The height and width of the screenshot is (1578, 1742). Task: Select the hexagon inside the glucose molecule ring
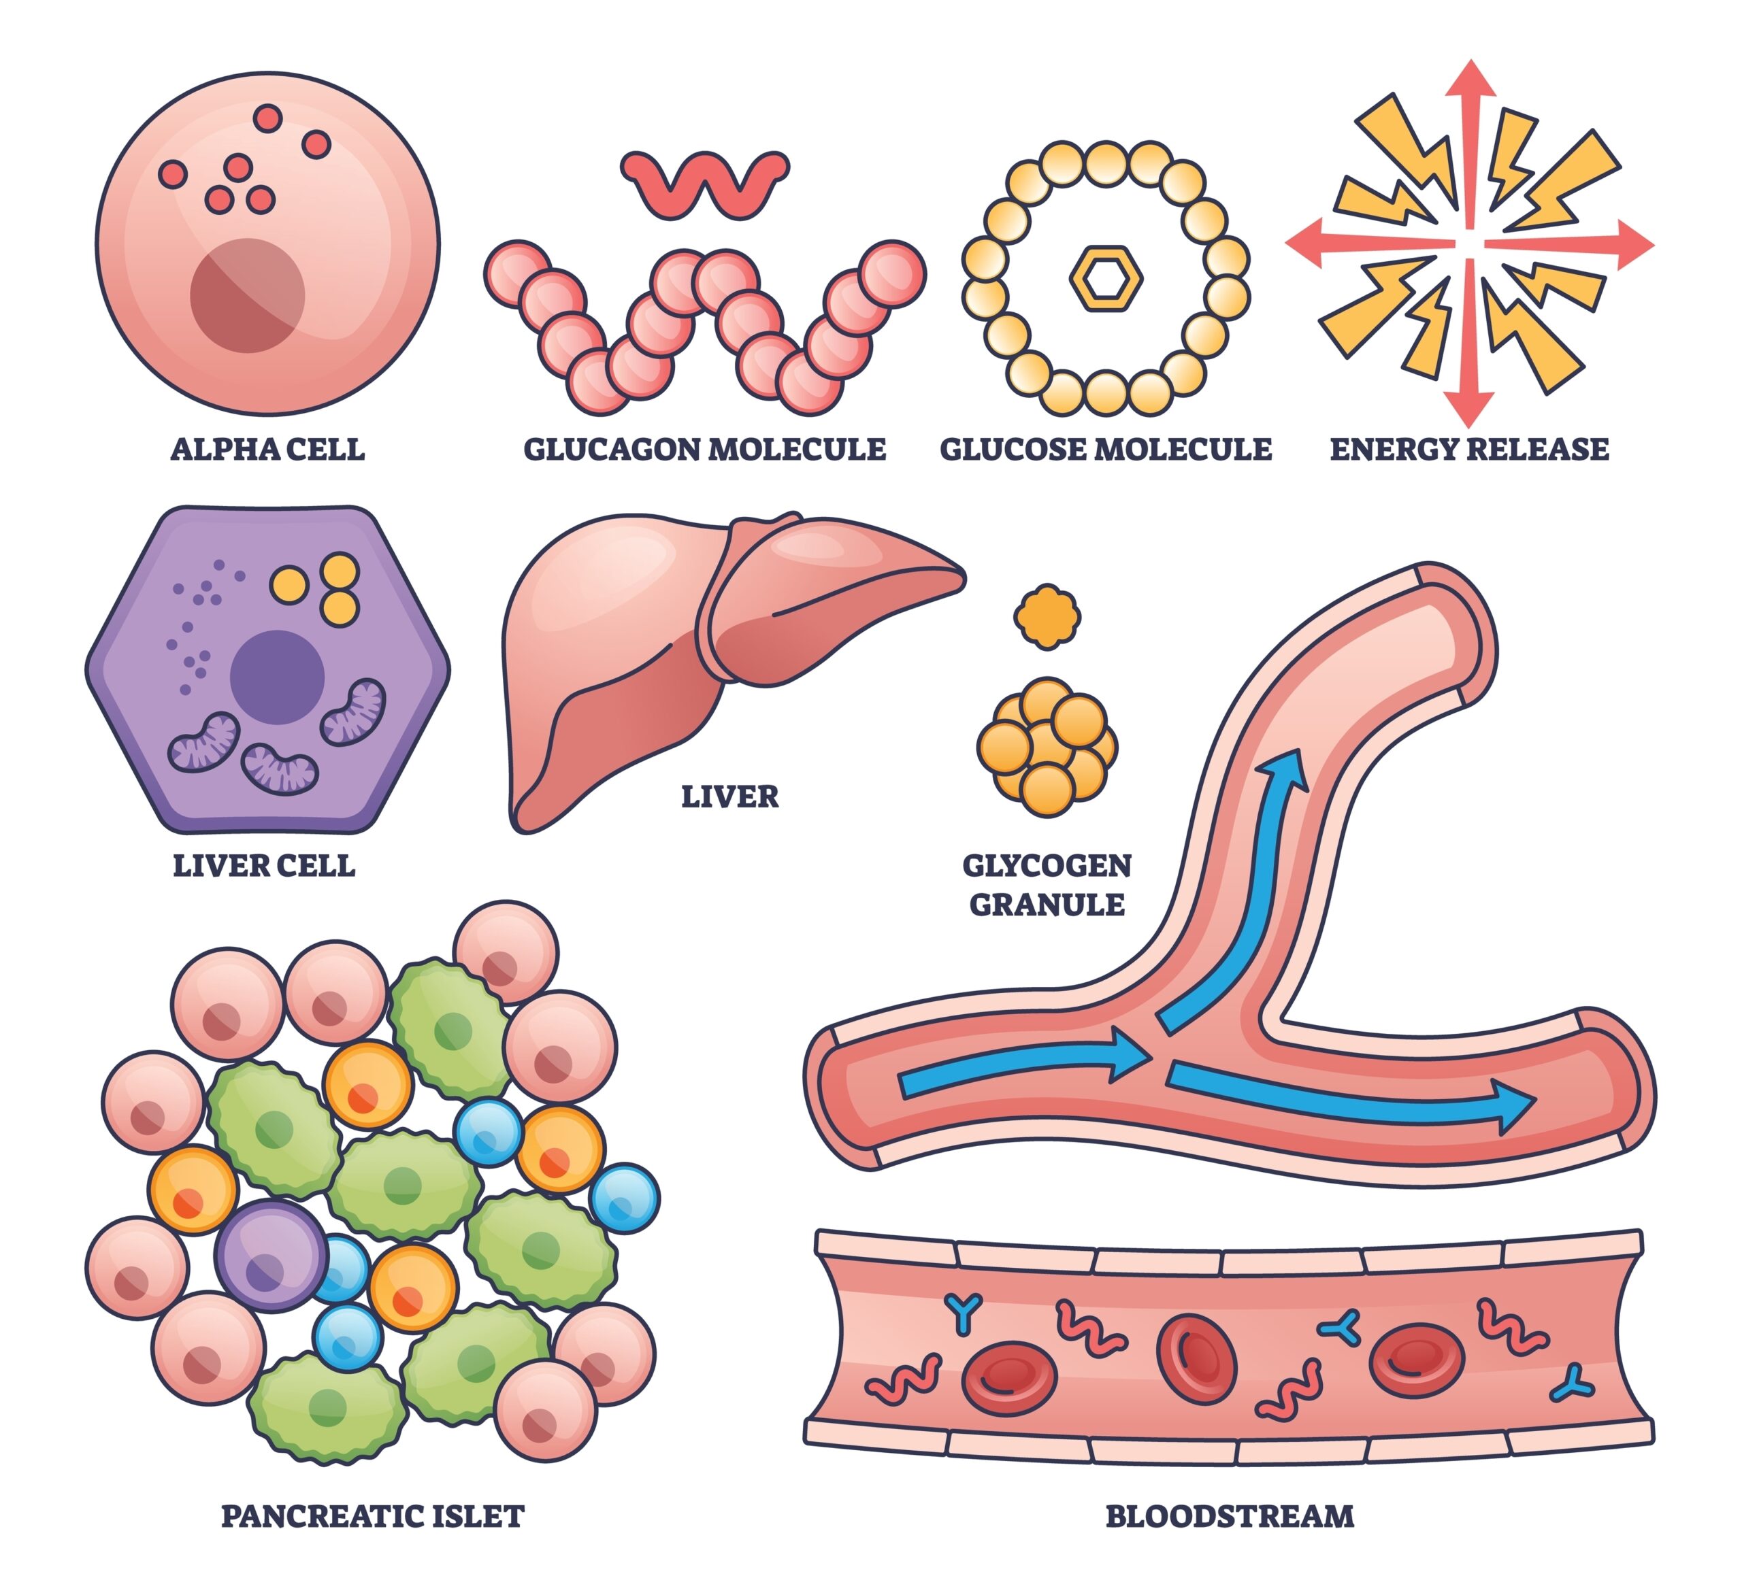point(1105,278)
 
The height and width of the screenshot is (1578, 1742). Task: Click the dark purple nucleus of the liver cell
point(276,676)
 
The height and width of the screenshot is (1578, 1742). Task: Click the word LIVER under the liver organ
point(729,796)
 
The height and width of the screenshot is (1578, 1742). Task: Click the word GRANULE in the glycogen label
point(1047,905)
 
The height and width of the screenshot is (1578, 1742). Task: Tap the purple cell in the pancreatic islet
point(270,1255)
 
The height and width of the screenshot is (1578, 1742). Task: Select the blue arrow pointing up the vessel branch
point(1245,890)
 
